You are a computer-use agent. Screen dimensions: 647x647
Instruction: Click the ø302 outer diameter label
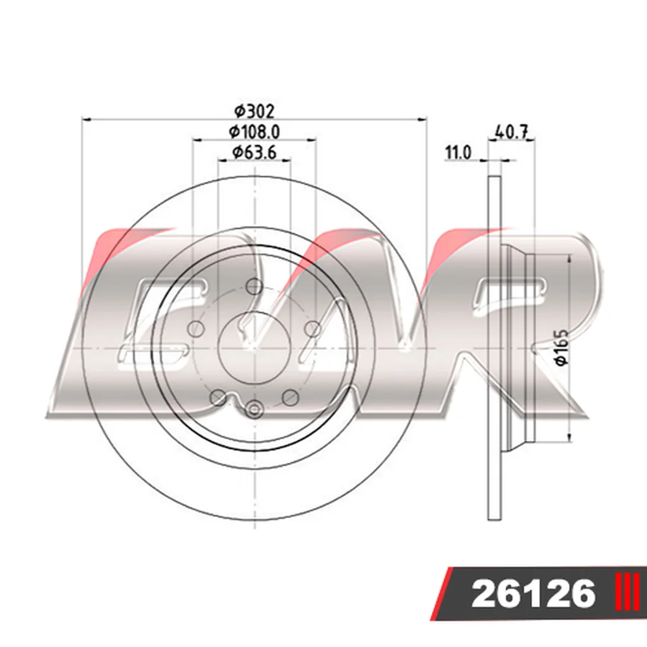click(x=254, y=111)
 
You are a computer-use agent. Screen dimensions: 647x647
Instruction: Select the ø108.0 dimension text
click(x=254, y=131)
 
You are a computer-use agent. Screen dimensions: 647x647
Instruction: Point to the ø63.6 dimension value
click(x=254, y=152)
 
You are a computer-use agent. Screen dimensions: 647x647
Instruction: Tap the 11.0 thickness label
click(x=457, y=153)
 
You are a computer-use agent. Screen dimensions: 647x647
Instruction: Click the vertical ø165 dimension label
click(x=562, y=347)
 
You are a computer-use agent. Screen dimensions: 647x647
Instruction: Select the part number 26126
click(x=534, y=595)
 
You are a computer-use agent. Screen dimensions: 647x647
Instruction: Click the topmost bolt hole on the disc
click(x=254, y=286)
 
